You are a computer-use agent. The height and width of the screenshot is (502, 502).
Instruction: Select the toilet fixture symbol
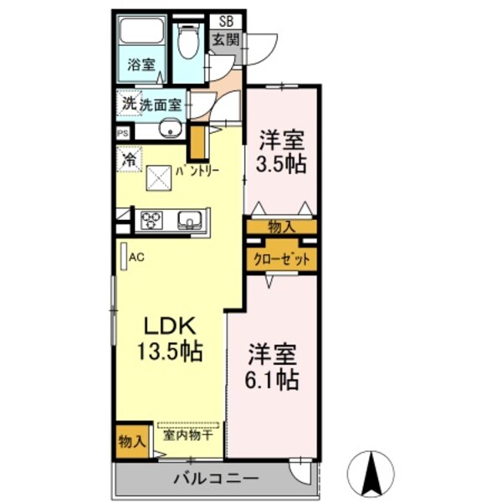pos(188,40)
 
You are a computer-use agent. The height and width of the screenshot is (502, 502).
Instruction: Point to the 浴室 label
pos(140,64)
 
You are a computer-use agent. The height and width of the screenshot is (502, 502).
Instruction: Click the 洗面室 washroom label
pos(161,105)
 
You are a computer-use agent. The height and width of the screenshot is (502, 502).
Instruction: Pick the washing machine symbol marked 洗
pos(128,103)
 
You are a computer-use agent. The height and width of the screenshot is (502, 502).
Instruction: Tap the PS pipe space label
pos(123,131)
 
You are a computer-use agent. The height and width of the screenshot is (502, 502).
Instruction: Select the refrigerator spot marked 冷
pos(129,156)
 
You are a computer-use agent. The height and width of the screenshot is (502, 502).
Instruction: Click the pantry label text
pos(197,171)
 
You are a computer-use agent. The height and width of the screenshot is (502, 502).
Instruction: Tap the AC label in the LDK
pos(136,258)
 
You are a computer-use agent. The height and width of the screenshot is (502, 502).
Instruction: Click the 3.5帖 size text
pos(281,165)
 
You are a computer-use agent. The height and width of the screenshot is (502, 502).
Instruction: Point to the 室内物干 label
pos(188,435)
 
